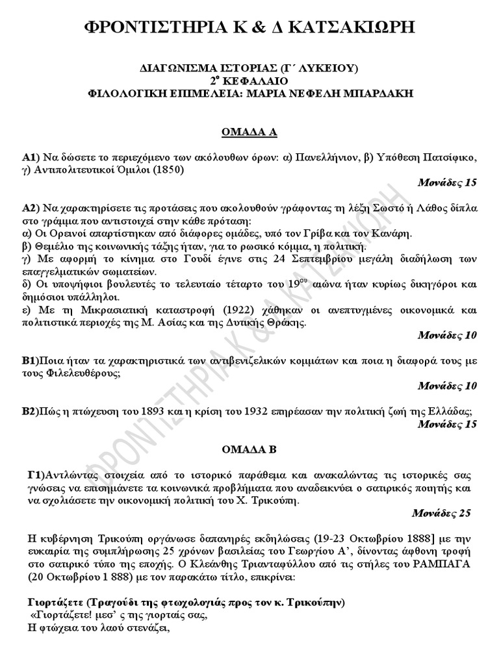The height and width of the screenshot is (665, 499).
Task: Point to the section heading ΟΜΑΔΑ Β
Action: tap(249, 449)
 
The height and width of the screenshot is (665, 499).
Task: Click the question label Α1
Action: tap(29, 158)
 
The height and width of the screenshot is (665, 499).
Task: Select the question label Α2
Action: tap(29, 208)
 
